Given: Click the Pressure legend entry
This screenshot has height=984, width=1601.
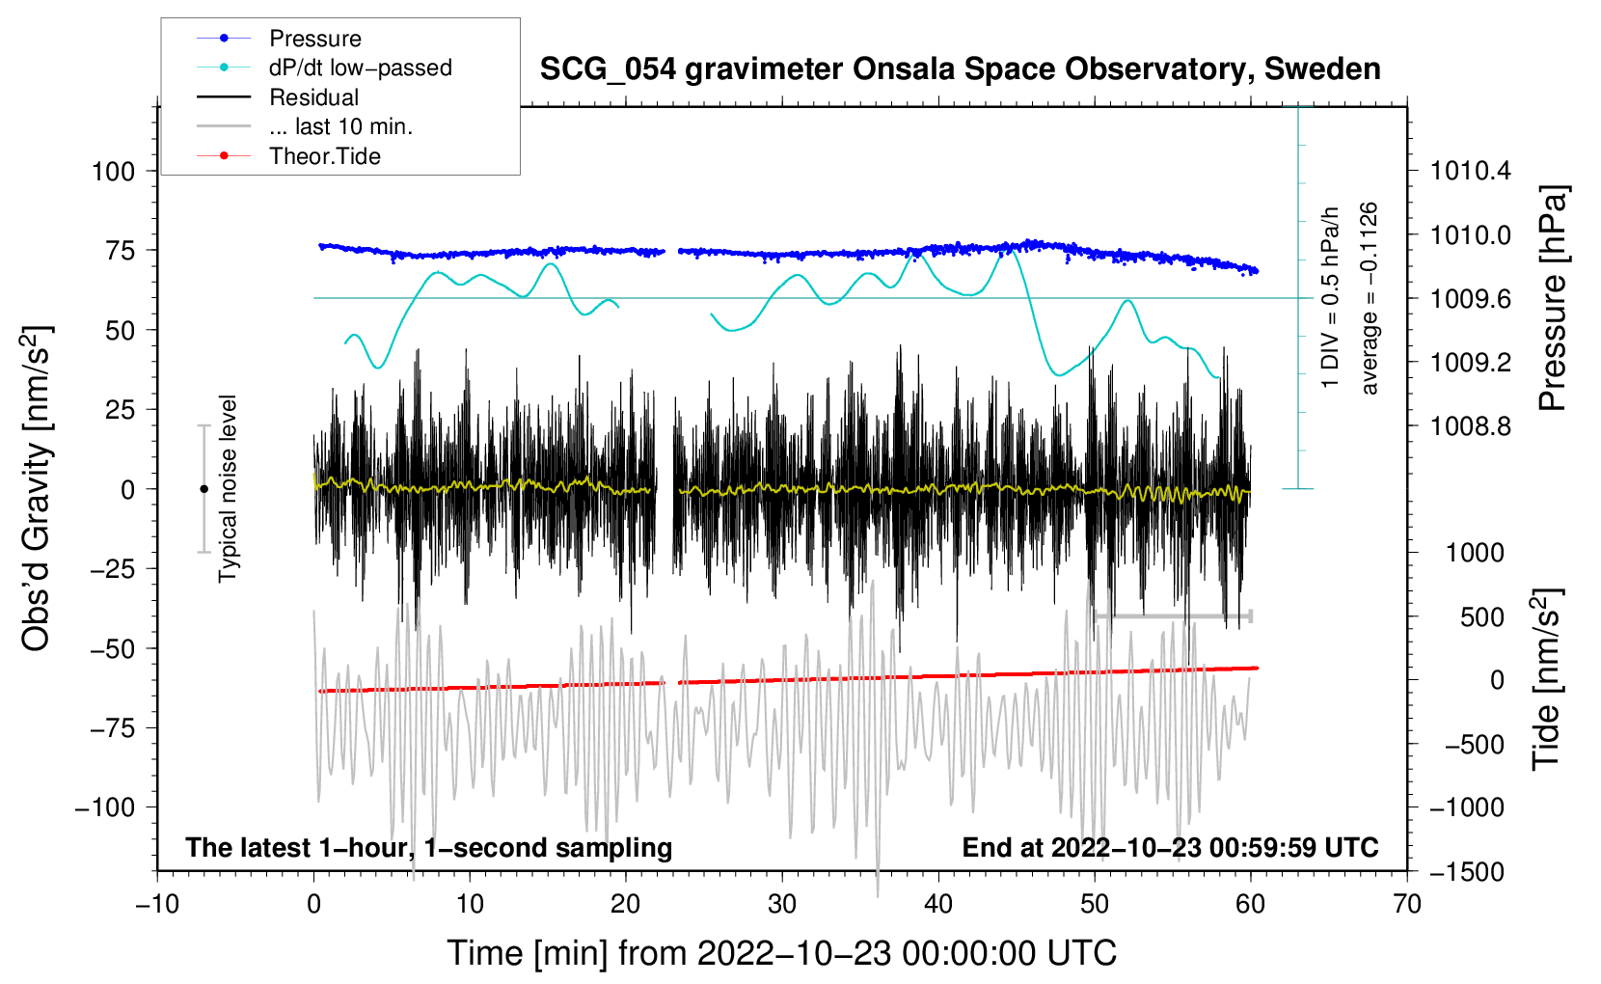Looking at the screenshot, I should (314, 39).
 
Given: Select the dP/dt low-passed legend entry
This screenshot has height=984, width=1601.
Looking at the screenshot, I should (360, 68).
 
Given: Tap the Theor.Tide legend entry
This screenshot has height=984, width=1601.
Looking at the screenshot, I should (324, 156).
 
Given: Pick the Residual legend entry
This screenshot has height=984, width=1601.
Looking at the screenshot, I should (313, 97).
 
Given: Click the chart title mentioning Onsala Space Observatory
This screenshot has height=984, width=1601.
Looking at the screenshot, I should (960, 69).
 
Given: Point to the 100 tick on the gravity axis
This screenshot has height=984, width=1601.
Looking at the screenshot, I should (113, 172).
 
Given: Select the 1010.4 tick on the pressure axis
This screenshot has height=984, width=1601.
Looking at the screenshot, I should (1471, 172).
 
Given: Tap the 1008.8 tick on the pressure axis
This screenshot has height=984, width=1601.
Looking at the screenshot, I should (1471, 426).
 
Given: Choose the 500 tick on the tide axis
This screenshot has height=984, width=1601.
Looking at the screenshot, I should (1482, 617).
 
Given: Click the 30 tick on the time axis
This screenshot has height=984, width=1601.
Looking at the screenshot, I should (782, 904).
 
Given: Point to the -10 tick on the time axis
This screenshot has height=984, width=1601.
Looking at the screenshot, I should (157, 904).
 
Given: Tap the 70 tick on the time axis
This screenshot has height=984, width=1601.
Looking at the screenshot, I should (1407, 904).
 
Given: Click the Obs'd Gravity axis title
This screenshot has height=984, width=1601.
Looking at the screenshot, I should (37, 488).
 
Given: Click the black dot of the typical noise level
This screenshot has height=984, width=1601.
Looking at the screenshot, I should (204, 489).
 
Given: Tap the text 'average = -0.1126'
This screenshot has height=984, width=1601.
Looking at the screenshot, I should (1370, 299).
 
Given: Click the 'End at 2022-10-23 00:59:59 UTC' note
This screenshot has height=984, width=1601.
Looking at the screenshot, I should (1170, 847).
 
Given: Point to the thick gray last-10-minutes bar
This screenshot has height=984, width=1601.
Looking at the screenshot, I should (1172, 615).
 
